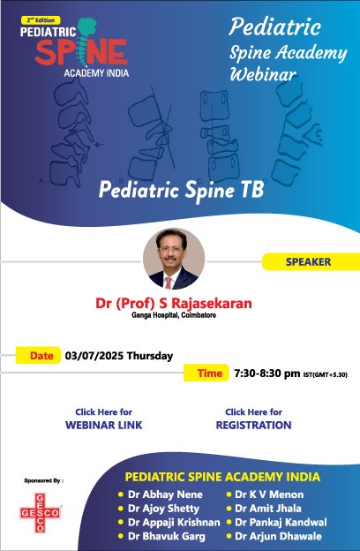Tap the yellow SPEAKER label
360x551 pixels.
pyautogui.click(x=308, y=261)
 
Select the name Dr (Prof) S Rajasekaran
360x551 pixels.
pyautogui.click(x=173, y=303)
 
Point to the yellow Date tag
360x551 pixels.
pyautogui.click(x=41, y=356)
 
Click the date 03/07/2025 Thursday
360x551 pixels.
pyautogui.click(x=118, y=357)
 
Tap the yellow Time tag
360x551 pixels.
pyautogui.click(x=209, y=374)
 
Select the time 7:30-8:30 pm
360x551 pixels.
pyautogui.click(x=266, y=374)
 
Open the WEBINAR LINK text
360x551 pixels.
pyautogui.click(x=104, y=425)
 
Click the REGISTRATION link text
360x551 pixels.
pyautogui.click(x=253, y=425)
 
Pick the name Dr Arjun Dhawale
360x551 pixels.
pyautogui.click(x=277, y=536)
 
